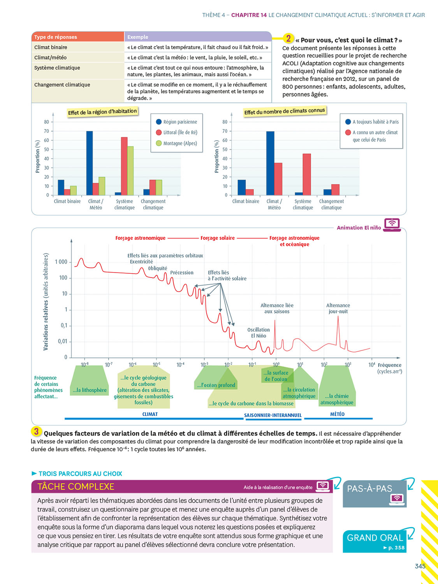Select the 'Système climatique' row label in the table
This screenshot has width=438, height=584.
point(57,68)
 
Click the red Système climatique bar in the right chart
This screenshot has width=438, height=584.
point(307,174)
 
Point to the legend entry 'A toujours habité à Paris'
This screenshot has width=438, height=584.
point(371,122)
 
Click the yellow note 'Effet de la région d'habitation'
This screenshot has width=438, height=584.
point(102,112)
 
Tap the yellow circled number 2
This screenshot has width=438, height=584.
point(288,38)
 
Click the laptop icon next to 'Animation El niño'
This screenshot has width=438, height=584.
point(392,224)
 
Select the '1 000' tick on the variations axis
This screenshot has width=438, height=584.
point(61,262)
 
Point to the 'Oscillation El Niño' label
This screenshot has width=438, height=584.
point(259,333)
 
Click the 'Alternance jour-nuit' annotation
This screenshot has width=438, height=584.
point(338,308)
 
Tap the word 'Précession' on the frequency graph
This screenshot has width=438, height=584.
point(182,273)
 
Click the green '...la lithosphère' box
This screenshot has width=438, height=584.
point(90,390)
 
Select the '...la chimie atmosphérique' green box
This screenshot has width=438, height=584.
point(337,399)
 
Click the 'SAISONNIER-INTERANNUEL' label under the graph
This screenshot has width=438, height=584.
point(273,415)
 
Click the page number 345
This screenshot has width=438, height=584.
point(420,566)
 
